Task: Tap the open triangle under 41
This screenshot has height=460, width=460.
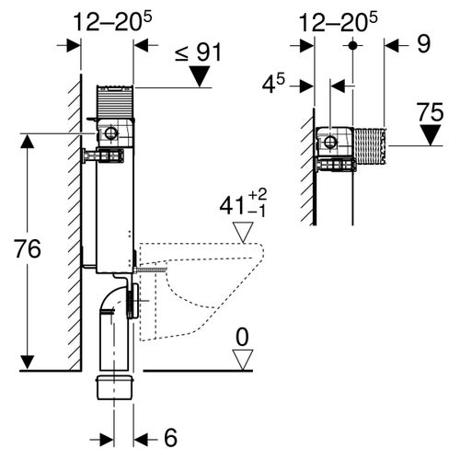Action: point(243,232)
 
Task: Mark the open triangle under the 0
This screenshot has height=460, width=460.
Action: point(242,362)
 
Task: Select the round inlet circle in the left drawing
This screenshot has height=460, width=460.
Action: point(111,134)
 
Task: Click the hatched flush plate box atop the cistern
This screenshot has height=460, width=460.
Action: point(115,99)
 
